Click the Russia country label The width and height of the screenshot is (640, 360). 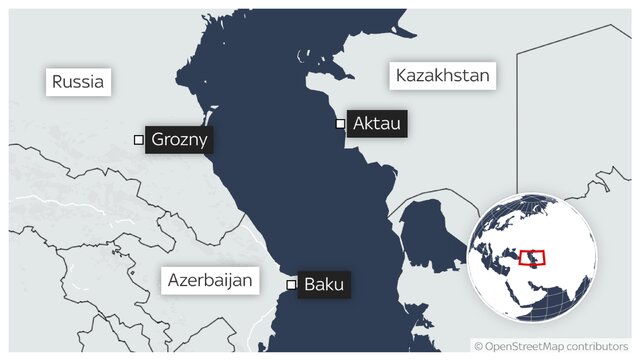pos(78,81)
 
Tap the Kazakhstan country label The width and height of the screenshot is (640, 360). pos(441,76)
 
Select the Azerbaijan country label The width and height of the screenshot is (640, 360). pos(210,279)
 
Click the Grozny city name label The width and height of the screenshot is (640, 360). pos(180,140)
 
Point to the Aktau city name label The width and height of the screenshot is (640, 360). pos(377,124)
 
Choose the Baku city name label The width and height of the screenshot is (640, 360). pos(325,285)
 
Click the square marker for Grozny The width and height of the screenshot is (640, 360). pos(139,140)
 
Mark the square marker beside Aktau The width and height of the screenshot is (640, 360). pos(341,124)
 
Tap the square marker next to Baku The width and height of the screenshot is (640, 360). pos(292,285)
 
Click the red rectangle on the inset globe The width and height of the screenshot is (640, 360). pos(533,258)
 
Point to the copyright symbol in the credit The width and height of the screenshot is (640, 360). pos(479,346)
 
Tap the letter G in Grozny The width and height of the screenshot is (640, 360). pos(157,140)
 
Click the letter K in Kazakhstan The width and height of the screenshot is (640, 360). pos(402,76)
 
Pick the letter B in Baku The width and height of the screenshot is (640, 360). pos(310,285)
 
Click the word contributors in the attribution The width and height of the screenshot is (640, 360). pos(601,346)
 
